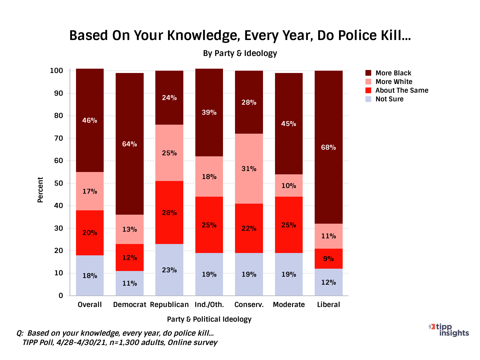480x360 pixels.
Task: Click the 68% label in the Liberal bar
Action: (x=328, y=147)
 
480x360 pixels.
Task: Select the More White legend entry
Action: (x=394, y=82)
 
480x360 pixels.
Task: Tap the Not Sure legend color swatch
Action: (x=368, y=99)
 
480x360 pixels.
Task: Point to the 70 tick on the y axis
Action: (x=58, y=138)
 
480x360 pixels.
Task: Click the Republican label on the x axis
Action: (x=169, y=305)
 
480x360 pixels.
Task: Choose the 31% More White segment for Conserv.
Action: (x=249, y=169)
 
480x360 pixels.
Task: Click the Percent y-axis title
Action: (x=40, y=190)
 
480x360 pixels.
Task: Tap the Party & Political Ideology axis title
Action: (x=209, y=319)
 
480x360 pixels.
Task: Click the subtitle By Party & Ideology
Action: (x=240, y=53)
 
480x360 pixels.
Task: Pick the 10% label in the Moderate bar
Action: (x=289, y=186)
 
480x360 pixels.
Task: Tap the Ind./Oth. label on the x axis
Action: (x=209, y=305)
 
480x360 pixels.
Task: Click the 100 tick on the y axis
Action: (x=56, y=71)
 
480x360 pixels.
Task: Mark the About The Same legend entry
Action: (x=402, y=90)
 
